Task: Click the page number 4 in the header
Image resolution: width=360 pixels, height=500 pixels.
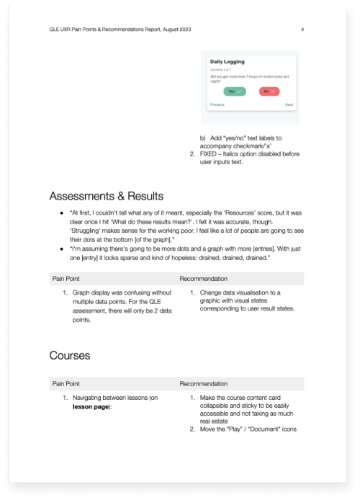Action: click(x=302, y=30)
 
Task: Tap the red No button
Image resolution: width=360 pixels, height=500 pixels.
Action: click(x=269, y=91)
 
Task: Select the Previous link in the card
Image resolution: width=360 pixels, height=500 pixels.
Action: click(x=217, y=104)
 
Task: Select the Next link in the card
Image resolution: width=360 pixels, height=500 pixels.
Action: click(x=289, y=104)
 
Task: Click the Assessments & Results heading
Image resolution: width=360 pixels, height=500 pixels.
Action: click(x=107, y=196)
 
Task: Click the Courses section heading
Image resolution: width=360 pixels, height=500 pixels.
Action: click(x=71, y=355)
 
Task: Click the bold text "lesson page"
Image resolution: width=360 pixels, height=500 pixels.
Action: click(x=89, y=407)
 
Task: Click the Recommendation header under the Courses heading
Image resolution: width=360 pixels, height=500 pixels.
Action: click(x=203, y=383)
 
